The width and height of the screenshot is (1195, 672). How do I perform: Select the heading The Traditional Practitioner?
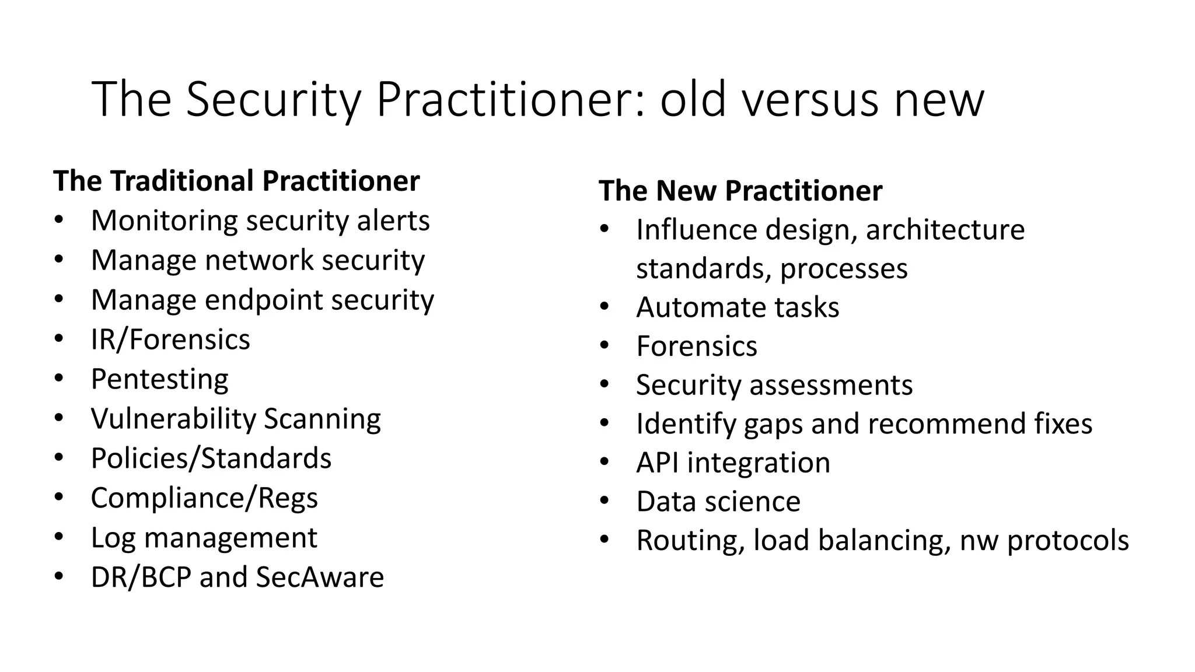coord(236,181)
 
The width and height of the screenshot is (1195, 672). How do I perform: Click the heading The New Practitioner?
coord(740,191)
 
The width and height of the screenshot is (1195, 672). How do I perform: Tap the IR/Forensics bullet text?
coord(170,339)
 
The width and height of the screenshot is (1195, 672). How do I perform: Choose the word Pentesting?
coord(159,380)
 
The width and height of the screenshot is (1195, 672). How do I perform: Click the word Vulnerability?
coord(173,419)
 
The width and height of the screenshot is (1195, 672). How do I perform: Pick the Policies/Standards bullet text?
coord(211,459)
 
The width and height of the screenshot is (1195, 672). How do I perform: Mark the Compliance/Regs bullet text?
coord(204,498)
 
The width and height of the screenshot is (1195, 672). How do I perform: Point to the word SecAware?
coord(320,577)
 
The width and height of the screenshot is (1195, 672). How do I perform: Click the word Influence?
coord(696,230)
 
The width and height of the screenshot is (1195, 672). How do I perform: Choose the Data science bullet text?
coord(718,502)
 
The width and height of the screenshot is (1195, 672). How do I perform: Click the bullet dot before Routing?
coord(605,540)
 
